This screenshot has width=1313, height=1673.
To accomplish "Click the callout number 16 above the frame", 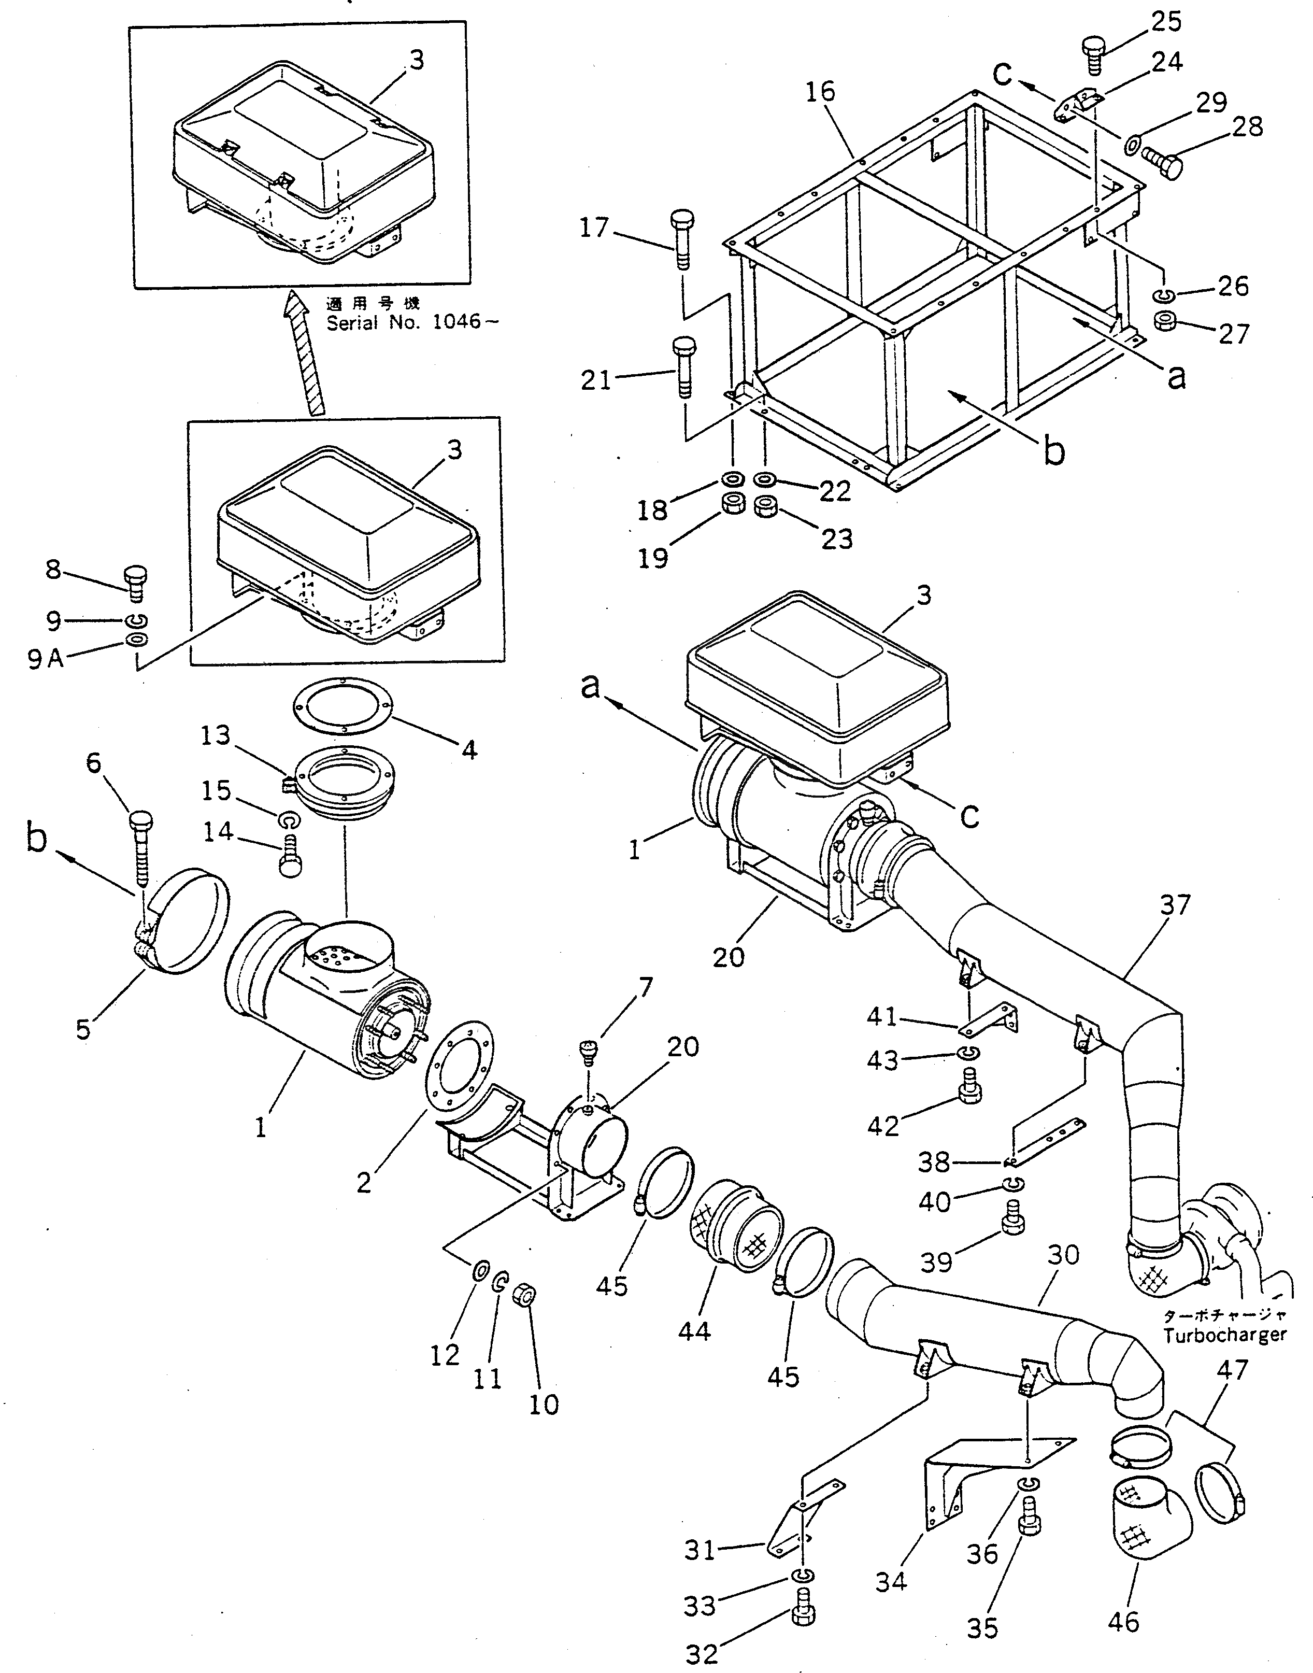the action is (820, 92).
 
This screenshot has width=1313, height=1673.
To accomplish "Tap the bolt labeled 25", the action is (1094, 33).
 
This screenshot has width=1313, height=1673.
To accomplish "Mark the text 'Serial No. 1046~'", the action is (412, 322).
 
